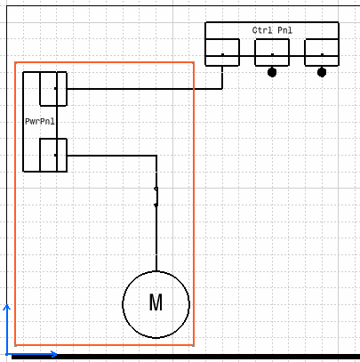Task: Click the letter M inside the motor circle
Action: [156, 302]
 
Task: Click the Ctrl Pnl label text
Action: [272, 30]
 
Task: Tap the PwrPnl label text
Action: [40, 121]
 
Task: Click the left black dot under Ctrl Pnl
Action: [272, 72]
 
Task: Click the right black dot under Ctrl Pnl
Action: [322, 72]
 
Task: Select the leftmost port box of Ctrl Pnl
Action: [222, 52]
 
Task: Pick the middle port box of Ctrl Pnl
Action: [272, 52]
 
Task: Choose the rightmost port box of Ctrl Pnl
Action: [322, 52]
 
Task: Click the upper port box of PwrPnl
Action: [53, 89]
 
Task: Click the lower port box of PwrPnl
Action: [53, 155]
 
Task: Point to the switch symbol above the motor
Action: [156, 197]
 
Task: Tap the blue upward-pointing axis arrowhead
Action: [6, 307]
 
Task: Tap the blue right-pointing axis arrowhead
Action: [53, 354]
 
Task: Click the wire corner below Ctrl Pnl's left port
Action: [222, 88]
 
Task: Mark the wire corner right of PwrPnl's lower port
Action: [156, 156]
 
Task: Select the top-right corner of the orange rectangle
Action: [194, 62]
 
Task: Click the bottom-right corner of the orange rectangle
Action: [194, 345]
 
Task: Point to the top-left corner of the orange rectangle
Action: [15, 62]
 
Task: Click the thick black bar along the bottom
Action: [186, 357]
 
